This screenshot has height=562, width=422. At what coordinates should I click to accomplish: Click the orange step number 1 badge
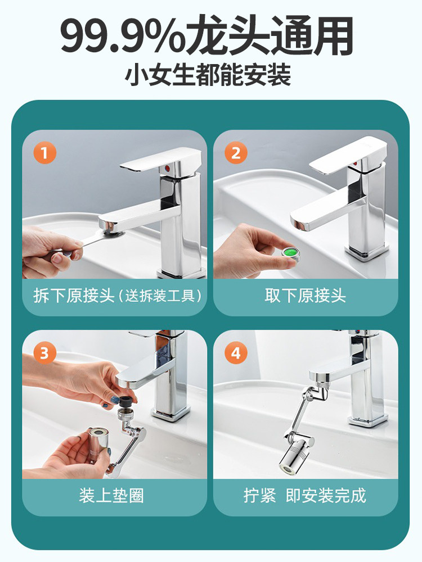pos(45,153)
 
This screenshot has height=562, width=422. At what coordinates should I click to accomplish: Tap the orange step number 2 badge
pos(236,153)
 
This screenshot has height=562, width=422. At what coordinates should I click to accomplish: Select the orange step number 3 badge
pos(45,353)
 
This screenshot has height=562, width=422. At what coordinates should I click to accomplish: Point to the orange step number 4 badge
pos(236,353)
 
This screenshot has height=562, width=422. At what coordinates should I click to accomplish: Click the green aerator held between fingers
pos(291,253)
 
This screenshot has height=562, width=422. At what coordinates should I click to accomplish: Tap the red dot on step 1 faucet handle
pos(166,167)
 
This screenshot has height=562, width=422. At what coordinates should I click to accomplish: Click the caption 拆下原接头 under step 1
pos(74,296)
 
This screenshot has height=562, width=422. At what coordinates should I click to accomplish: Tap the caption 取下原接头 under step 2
pos(306,296)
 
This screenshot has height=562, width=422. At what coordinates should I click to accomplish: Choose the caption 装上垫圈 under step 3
pos(111,496)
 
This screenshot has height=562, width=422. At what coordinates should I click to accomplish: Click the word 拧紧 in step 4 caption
pos(260,496)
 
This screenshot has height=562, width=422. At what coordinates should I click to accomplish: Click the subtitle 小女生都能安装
pos(208,75)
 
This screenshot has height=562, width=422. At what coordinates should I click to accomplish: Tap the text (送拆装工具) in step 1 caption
pos(160,296)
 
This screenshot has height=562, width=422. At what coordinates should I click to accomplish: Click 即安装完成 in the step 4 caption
pos(326,496)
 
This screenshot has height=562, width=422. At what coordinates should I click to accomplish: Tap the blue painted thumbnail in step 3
pos(115,398)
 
